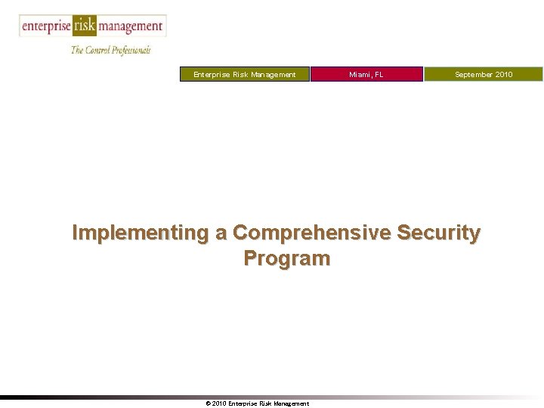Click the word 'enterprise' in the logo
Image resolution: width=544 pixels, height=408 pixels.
(46, 26)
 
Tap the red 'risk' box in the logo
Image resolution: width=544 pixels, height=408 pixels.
(85, 26)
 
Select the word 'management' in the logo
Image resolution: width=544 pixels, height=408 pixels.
(130, 26)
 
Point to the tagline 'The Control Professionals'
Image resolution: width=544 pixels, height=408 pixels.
(111, 50)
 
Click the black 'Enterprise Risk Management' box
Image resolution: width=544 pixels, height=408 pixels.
(245, 74)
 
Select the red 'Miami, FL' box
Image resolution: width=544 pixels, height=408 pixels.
(366, 74)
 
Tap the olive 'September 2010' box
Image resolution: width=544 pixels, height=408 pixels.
(484, 74)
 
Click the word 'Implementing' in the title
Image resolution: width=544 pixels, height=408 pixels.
(141, 233)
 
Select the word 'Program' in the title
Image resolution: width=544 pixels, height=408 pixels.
(287, 258)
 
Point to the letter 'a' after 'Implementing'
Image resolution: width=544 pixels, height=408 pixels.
(221, 234)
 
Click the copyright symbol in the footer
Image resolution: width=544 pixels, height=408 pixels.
(208, 403)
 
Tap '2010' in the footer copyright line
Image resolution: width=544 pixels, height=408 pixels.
(219, 403)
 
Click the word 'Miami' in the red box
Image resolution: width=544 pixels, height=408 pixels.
(360, 74)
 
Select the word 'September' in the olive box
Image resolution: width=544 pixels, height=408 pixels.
(472, 74)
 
